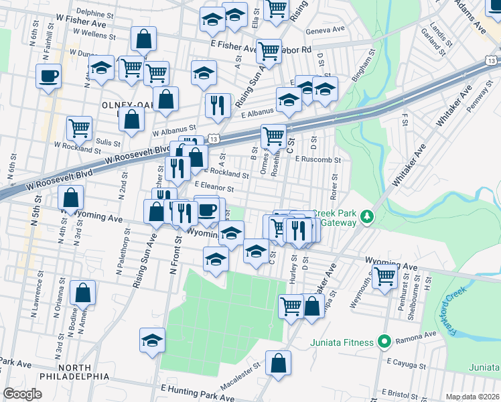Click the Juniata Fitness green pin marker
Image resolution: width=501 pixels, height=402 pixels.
pyautogui.click(x=384, y=342)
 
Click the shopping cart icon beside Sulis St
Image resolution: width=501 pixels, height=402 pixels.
pyautogui.click(x=79, y=127)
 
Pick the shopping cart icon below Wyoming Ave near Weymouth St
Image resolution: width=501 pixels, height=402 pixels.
pyautogui.click(x=384, y=275)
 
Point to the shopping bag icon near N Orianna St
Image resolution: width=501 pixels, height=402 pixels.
pyautogui.click(x=82, y=292)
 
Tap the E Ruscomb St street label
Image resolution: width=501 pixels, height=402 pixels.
pyautogui.click(x=319, y=160)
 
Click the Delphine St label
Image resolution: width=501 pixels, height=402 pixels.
pyautogui.click(x=94, y=13)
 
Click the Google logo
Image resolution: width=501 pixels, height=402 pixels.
pyautogui.click(x=23, y=394)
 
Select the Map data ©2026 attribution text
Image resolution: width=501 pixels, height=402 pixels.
pyautogui.click(x=472, y=397)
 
